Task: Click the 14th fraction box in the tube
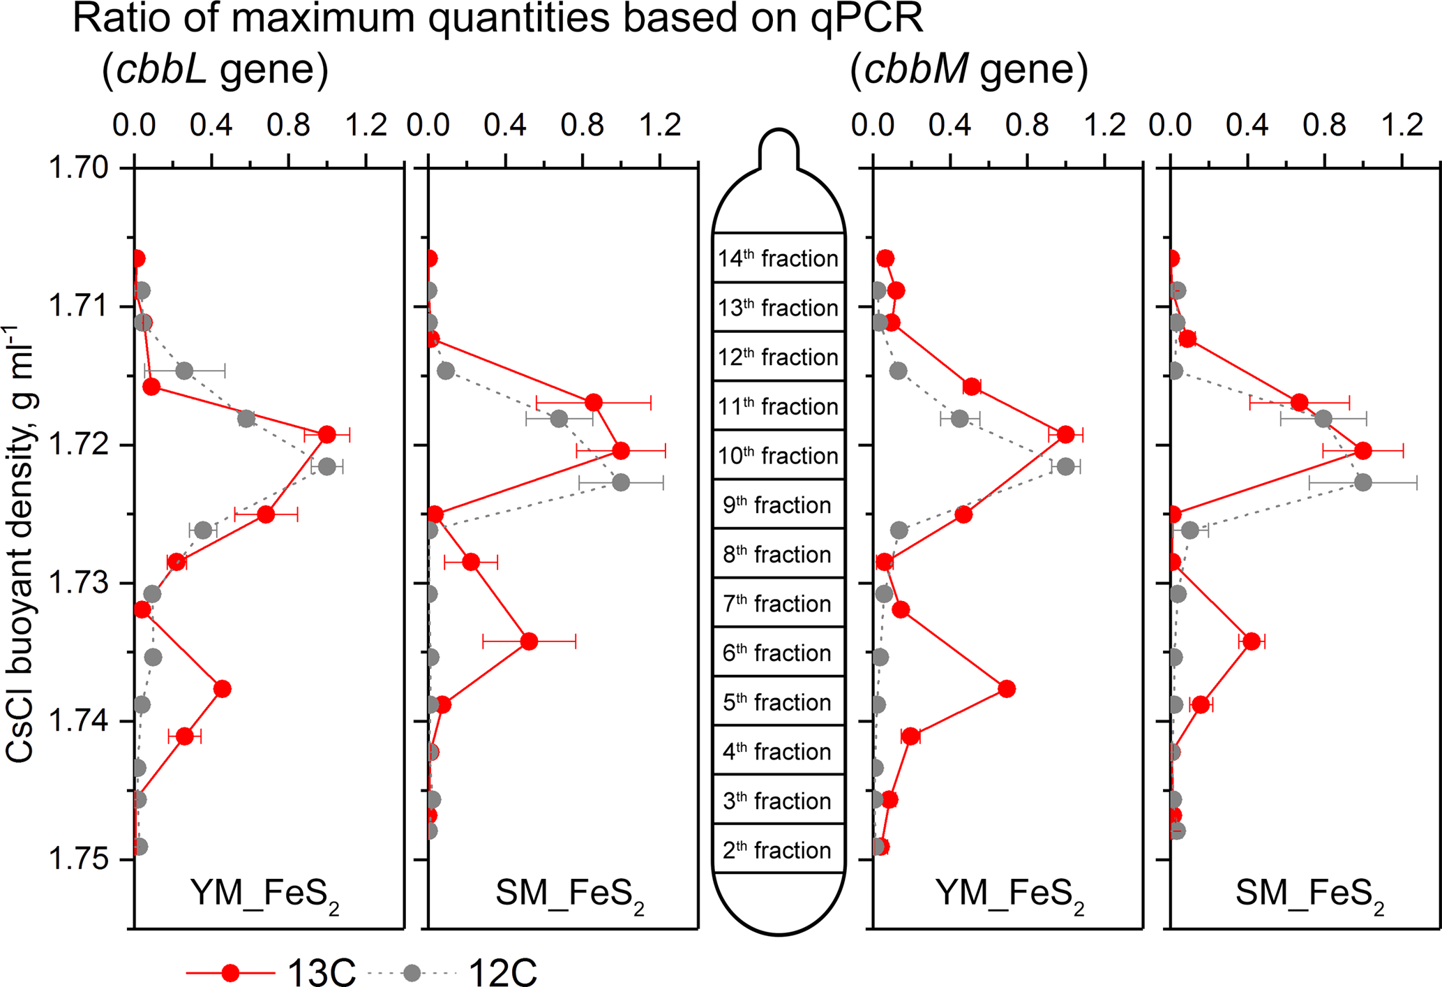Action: point(779,258)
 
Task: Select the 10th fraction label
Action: point(779,456)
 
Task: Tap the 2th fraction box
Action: point(779,849)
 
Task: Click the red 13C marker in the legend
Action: point(230,972)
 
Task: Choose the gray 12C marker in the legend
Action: point(412,972)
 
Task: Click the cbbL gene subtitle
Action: point(215,70)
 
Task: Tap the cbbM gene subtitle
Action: point(969,70)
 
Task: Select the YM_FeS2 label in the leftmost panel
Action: point(265,894)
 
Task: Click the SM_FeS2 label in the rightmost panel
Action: point(1310,894)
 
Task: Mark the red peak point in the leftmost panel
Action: point(326,434)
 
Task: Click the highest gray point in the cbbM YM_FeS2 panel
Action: point(1065,466)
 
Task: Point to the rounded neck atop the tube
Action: point(779,148)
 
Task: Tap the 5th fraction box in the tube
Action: point(779,701)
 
